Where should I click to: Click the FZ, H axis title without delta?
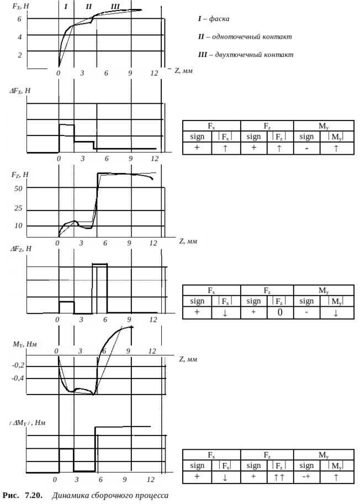20,175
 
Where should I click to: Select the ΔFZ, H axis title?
21,249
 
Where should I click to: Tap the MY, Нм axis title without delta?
24,344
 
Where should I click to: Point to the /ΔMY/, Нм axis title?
27,423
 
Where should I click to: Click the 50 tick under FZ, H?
18,189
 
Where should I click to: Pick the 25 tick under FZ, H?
18,208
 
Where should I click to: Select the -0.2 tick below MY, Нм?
18,365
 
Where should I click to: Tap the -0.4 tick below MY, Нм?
18,379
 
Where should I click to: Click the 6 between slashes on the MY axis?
104,351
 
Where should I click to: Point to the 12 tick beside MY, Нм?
152,351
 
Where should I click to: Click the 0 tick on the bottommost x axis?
54,480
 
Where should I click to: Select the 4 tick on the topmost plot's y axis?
20,38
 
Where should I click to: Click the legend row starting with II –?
248,37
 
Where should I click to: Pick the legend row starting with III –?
248,55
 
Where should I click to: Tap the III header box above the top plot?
115,7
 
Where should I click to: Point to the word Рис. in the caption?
12,496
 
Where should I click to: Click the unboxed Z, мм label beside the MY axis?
188,360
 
